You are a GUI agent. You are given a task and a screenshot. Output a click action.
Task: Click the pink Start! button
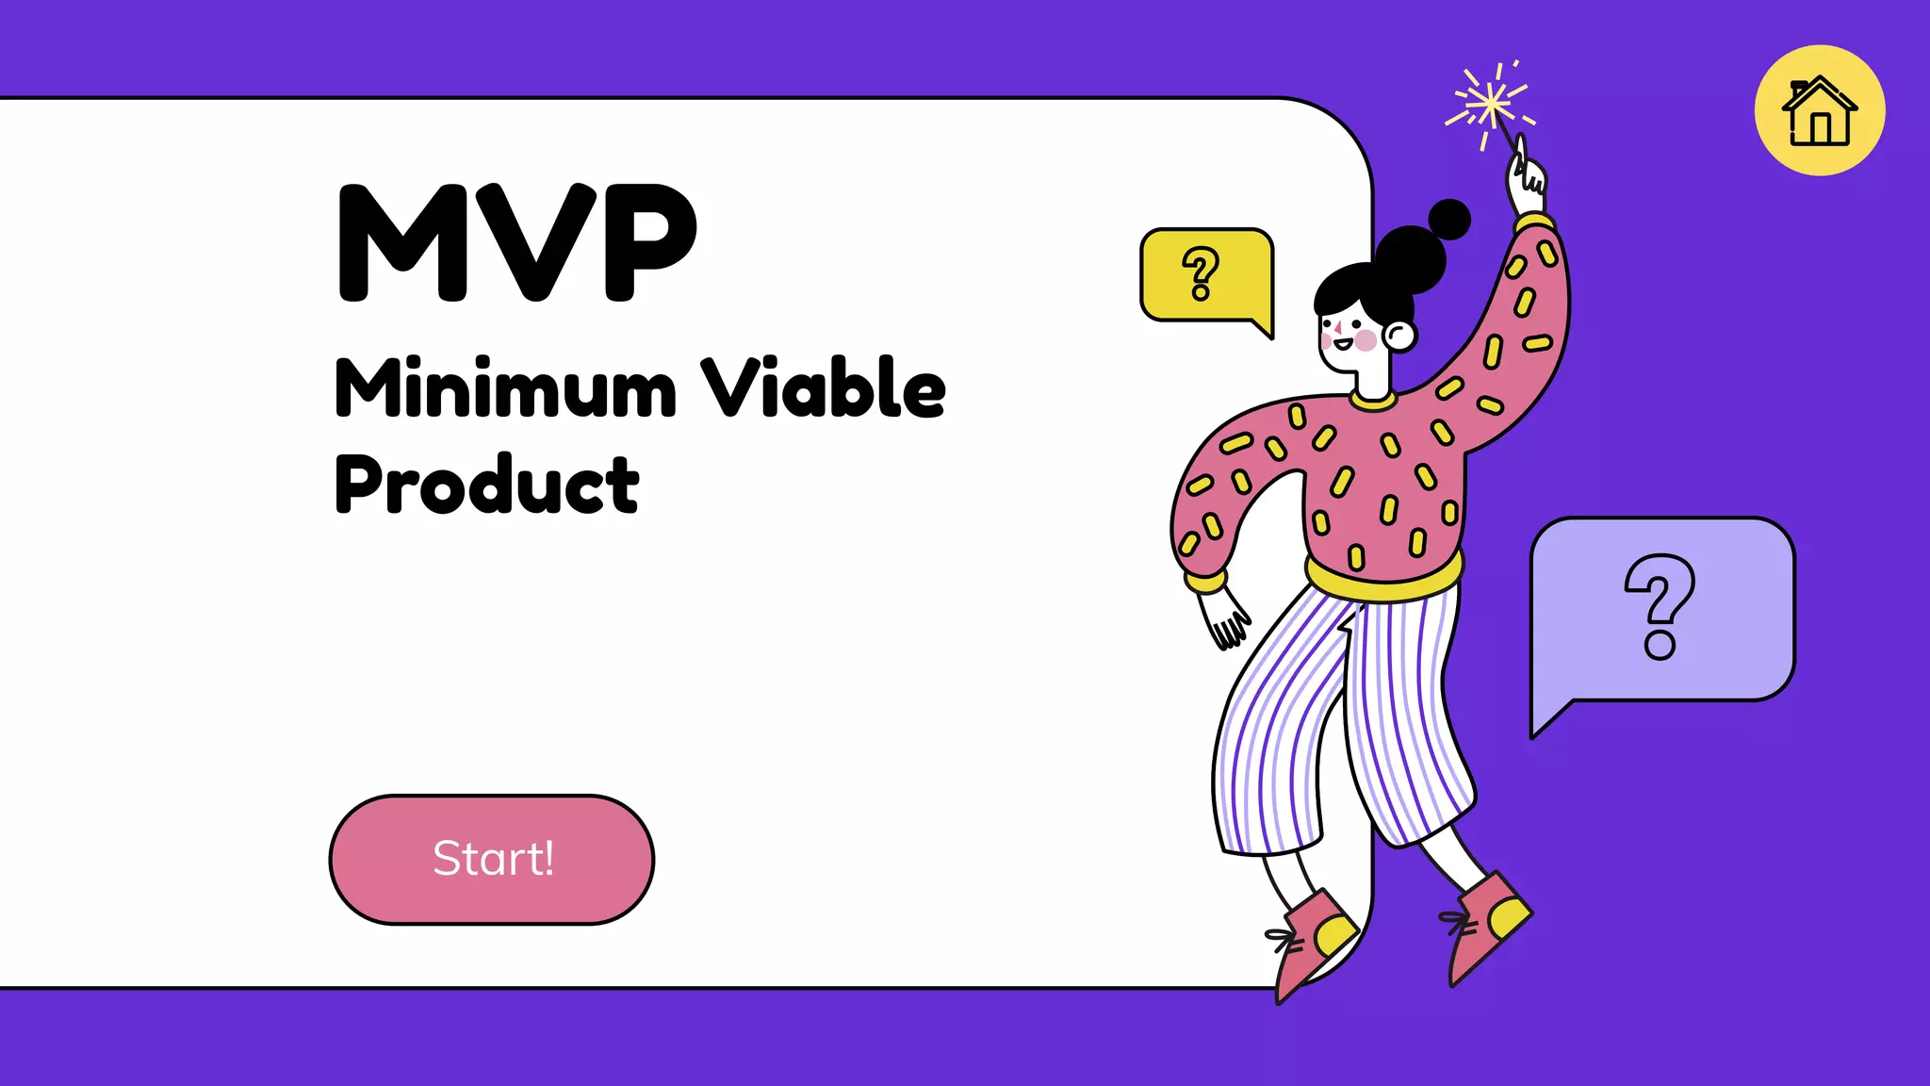(491, 859)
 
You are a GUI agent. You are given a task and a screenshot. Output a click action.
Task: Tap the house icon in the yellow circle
(1819, 111)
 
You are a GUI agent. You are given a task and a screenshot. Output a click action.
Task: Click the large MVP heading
(516, 242)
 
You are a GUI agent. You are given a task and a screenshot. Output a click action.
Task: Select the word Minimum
(505, 388)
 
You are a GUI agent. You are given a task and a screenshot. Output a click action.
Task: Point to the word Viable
(823, 388)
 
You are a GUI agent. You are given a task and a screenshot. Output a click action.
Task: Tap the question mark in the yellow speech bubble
(1201, 273)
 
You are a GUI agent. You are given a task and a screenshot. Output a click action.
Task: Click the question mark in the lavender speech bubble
(1660, 606)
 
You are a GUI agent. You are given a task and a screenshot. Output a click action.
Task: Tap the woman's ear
(1398, 335)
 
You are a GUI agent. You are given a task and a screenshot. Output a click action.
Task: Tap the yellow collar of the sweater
(1372, 401)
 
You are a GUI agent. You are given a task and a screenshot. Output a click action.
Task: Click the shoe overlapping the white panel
(1313, 938)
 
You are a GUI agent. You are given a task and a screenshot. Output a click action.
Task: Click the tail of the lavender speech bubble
(1550, 717)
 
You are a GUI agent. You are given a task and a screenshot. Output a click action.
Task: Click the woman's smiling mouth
(1341, 344)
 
